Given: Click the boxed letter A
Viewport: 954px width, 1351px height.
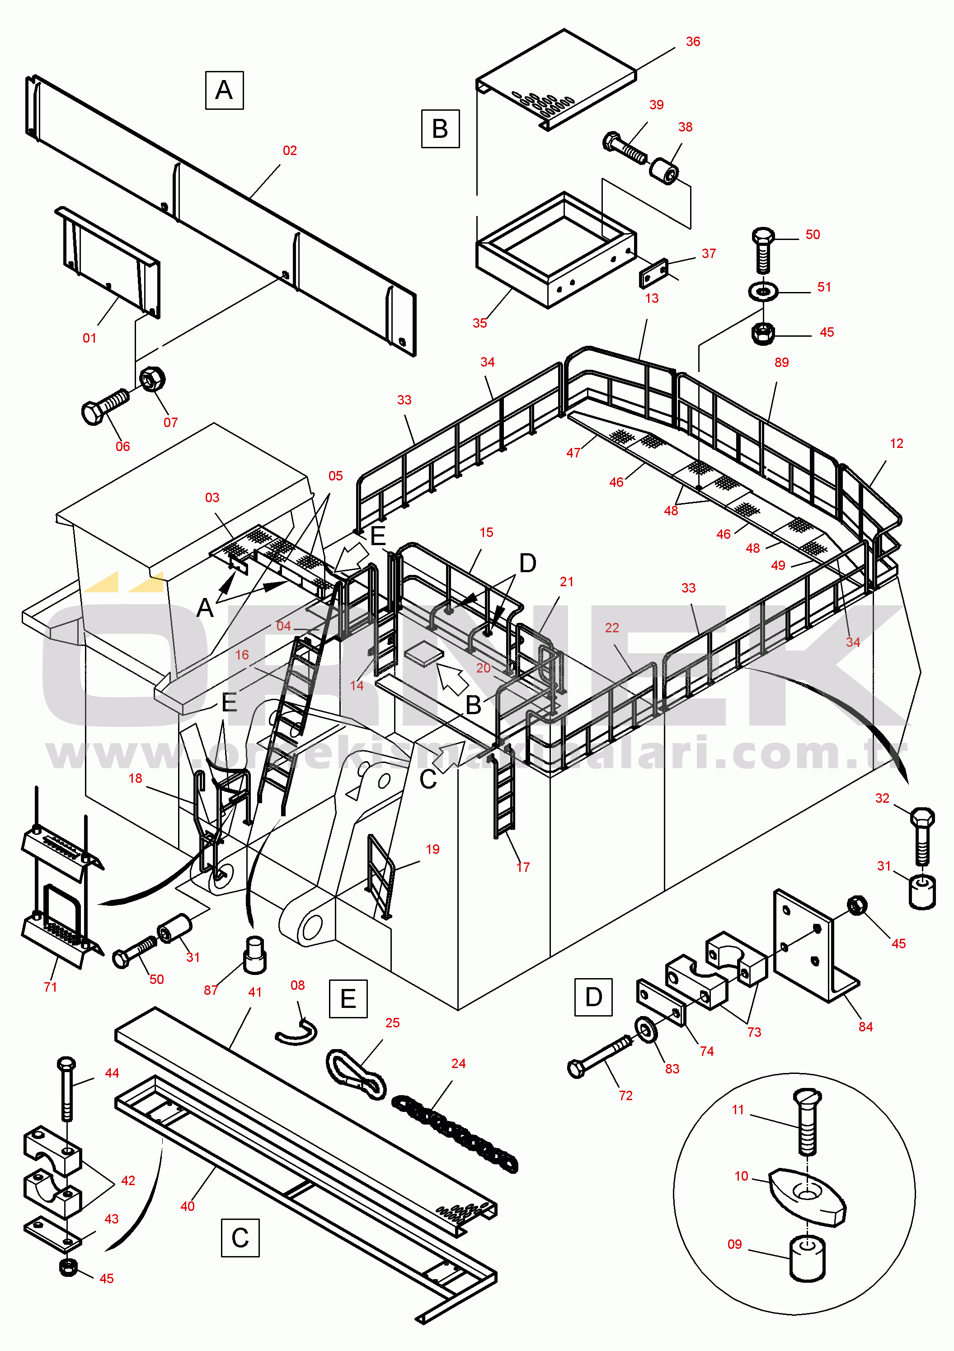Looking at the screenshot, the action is click(x=224, y=90).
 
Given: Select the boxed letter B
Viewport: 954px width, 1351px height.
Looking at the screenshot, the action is click(x=440, y=129).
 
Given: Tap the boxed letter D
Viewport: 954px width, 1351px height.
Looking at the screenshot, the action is click(x=593, y=998).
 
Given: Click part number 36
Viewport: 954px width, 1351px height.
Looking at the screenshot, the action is click(x=693, y=42).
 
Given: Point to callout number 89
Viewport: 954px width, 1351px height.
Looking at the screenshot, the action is click(x=782, y=362).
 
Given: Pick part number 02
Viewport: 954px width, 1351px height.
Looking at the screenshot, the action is click(x=290, y=151).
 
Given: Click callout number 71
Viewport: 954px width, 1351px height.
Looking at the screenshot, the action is click(x=51, y=987).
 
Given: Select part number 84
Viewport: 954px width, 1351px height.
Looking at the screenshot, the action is click(x=866, y=1027).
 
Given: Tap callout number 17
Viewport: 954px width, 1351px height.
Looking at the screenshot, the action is click(x=523, y=867).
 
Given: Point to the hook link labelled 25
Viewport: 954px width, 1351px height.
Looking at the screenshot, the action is click(x=356, y=1074).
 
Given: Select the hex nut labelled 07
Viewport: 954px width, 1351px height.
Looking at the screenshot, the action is click(x=152, y=379).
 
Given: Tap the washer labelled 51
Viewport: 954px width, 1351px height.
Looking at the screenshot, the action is click(x=763, y=291).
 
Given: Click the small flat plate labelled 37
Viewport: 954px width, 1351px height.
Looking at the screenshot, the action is click(x=653, y=273).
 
